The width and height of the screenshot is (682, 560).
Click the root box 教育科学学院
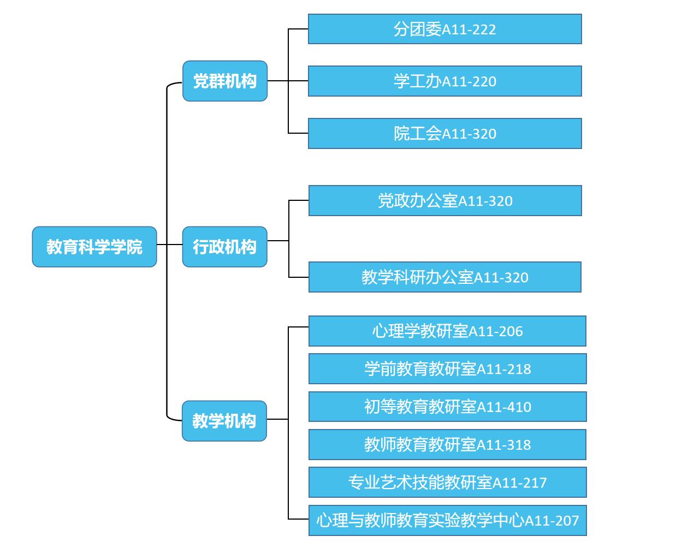tap(94, 247)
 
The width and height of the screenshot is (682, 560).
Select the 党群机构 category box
tap(225, 81)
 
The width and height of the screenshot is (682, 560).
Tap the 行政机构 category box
tap(224, 247)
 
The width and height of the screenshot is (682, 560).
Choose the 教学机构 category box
tap(224, 421)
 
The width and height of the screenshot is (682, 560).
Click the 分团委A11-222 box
tap(444, 29)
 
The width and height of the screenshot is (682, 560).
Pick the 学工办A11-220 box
tap(444, 81)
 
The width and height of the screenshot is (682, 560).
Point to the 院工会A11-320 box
tap(444, 134)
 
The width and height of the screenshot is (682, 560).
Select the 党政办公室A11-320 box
tap(444, 201)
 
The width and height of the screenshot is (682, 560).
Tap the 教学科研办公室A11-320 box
tap(444, 277)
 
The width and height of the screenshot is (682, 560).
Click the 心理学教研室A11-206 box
tap(447, 331)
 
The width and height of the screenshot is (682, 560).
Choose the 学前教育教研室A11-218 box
tap(447, 369)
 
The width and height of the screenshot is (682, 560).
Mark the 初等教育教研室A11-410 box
tap(447, 407)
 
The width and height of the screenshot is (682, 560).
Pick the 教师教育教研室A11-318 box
tap(447, 445)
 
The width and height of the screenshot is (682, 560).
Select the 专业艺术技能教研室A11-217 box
tap(447, 482)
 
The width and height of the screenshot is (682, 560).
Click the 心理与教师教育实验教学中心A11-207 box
tap(447, 520)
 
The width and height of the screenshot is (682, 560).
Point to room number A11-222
tap(469, 29)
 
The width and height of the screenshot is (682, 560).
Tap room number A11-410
tap(504, 407)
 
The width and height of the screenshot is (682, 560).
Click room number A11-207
tap(551, 521)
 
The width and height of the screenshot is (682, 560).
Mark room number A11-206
tap(496, 332)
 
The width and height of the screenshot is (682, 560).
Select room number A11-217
tap(520, 483)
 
